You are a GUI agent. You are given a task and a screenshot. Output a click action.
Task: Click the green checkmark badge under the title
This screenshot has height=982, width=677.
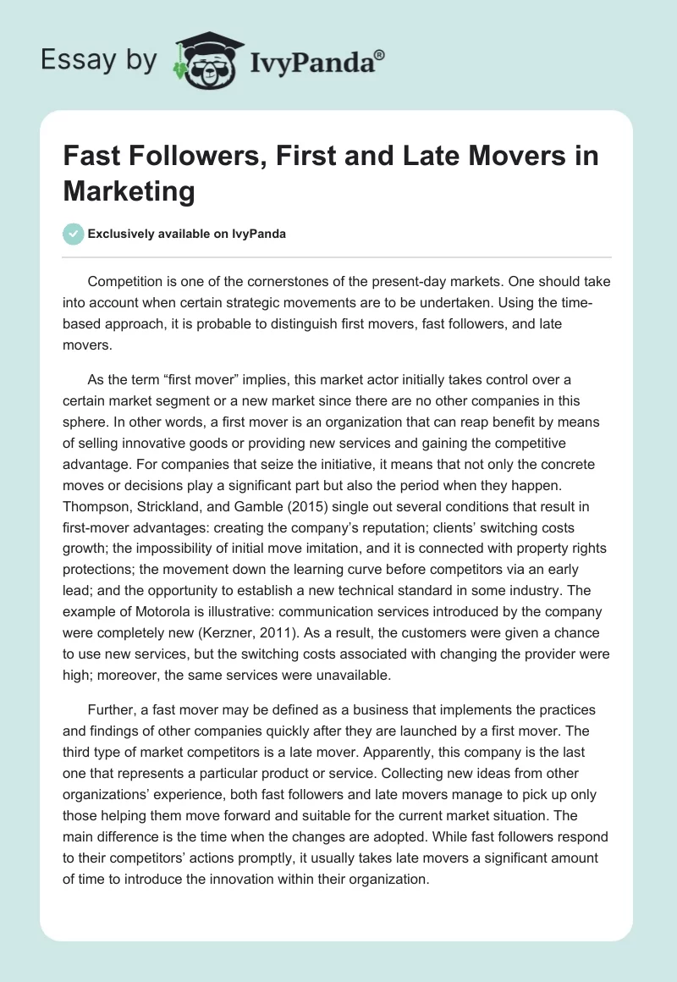pyautogui.click(x=74, y=234)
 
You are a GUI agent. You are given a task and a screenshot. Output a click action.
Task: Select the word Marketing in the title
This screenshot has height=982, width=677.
pyautogui.click(x=129, y=190)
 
